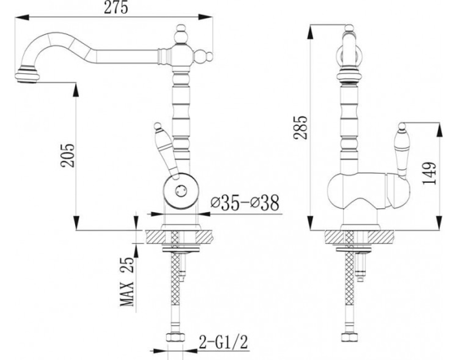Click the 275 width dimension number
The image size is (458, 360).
(116, 8)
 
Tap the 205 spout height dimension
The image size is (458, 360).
(68, 155)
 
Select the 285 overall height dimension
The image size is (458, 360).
(301, 128)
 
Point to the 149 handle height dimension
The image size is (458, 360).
(430, 173)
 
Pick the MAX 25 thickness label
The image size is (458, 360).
(127, 281)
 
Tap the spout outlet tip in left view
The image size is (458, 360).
(27, 75)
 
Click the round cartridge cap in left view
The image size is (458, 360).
(180, 191)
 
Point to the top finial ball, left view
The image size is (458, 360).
(181, 34)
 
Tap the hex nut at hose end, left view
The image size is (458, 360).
(175, 337)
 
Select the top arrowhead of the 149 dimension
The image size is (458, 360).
(439, 130)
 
